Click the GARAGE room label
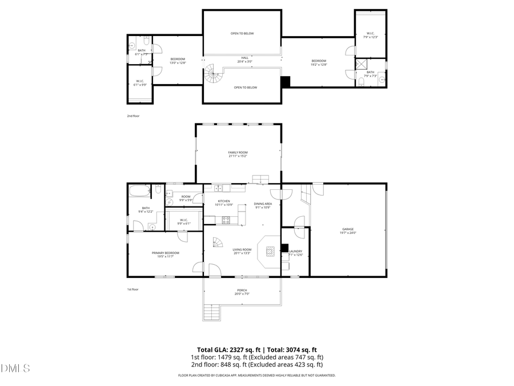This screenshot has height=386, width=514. tap(348, 229)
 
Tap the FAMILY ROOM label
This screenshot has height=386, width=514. tap(238, 152)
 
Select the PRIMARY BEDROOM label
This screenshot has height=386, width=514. tap(165, 253)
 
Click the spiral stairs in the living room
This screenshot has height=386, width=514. tap(218, 242)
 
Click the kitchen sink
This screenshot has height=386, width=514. tap(218, 188)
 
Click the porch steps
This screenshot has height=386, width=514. tap(212, 312)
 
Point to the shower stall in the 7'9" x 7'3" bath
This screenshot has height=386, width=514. tap(360, 65)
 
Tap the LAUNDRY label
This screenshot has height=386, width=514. tap(295, 251)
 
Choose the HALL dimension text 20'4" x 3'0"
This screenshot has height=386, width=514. tap(244, 62)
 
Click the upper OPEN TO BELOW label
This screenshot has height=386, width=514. tap(242, 34)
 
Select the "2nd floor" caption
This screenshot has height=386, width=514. tap(133, 116)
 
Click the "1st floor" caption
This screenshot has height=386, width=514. tap(132, 289)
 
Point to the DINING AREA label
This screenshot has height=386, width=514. tap(263, 204)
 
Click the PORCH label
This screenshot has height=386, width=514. tap(242, 291)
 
